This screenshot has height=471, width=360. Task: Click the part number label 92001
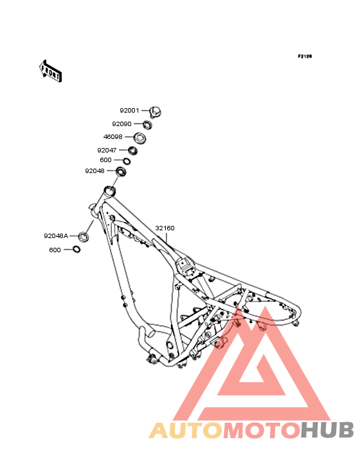pos(129,111)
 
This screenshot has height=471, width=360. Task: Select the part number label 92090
pos(122,124)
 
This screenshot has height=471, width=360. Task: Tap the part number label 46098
pos(113,137)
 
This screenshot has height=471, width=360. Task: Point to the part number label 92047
pos(107,150)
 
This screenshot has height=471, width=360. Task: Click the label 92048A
pos(56,236)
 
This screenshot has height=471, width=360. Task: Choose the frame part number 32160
pos(165,228)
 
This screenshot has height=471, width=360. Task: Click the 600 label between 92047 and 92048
pos(105,160)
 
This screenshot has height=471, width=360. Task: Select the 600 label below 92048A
pos(55,250)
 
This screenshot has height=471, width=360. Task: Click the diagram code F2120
pos(305,56)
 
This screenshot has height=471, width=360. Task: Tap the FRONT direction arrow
pos(50,71)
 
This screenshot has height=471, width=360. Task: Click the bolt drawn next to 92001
pos(155,112)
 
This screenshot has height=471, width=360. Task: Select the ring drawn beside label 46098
pos(139,138)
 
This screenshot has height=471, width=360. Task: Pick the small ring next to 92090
pos(147,125)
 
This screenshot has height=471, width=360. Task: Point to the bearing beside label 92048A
pos(84,237)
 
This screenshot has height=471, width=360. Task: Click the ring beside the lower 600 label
pos(76,249)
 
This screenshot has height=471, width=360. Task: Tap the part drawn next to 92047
pos(132,151)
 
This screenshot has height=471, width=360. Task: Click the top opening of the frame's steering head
pos(109,190)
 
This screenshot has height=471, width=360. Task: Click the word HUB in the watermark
pos(327,430)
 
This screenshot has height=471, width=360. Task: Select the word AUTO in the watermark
pos(186,430)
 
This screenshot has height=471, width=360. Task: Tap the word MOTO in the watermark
pos(262,430)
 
